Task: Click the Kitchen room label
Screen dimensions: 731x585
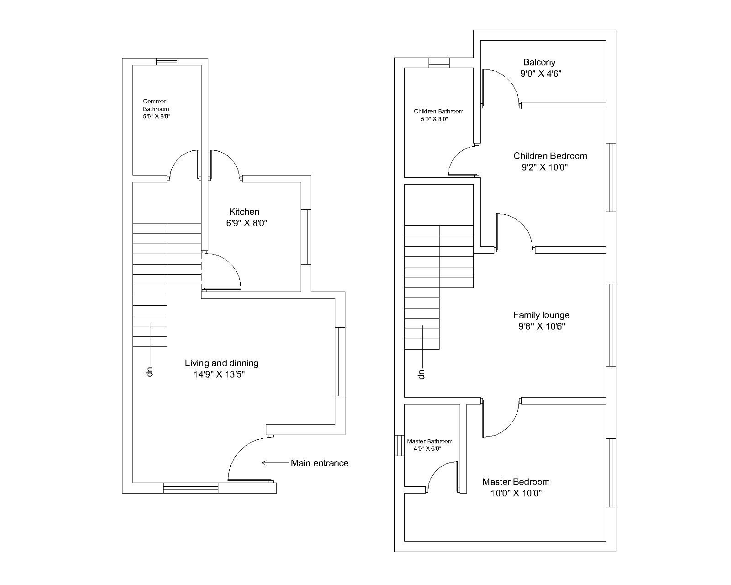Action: point(244,212)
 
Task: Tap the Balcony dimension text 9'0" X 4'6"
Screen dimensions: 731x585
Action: point(541,74)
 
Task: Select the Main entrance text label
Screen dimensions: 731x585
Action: point(320,463)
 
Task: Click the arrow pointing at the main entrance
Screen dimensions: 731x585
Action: point(275,463)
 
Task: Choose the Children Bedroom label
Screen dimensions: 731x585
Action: point(550,156)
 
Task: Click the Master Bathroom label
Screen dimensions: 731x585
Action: point(430,441)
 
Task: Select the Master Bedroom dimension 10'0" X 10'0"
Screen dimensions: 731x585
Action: point(516,493)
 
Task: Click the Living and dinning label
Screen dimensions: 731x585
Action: point(222,363)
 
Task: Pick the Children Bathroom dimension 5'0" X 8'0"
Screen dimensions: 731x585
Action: point(434,119)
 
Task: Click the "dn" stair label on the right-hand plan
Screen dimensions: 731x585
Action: point(422,374)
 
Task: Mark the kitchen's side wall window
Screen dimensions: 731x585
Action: point(306,237)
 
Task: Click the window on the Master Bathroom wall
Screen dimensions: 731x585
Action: point(399,445)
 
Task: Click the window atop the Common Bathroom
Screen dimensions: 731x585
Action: point(167,62)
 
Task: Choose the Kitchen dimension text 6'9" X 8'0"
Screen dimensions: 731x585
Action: point(247,223)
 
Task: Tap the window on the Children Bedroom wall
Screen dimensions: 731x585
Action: point(611,177)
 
